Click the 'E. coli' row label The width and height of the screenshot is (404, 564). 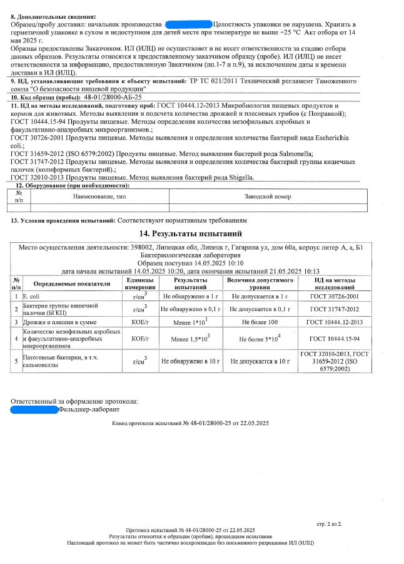tap(31, 295)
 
